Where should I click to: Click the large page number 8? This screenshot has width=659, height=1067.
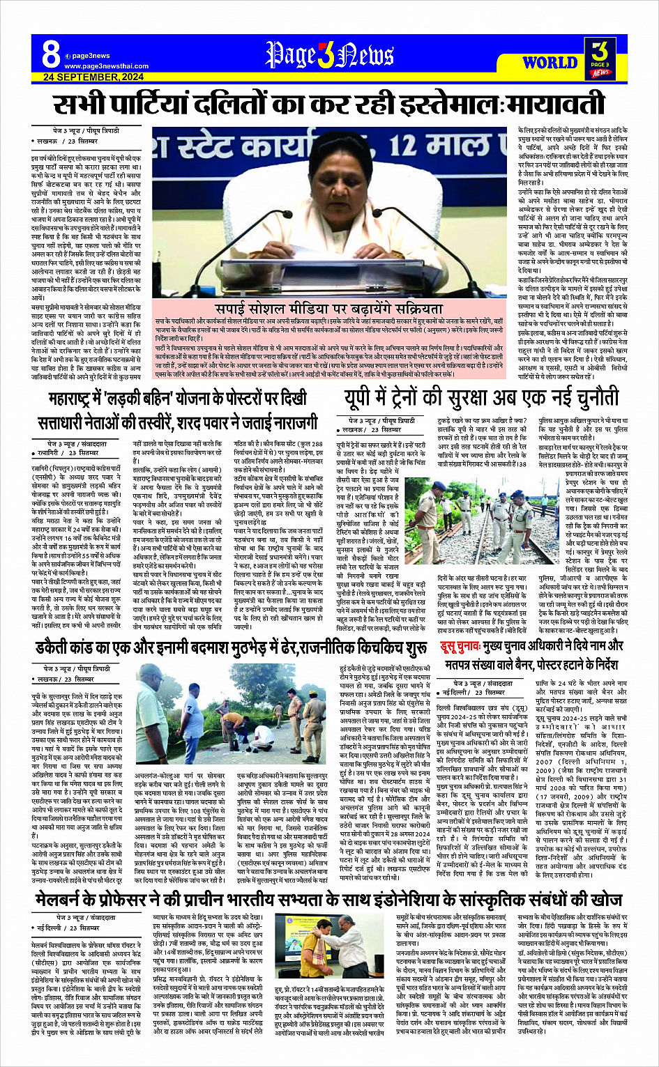50,53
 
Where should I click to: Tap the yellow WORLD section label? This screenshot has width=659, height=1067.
550,62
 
